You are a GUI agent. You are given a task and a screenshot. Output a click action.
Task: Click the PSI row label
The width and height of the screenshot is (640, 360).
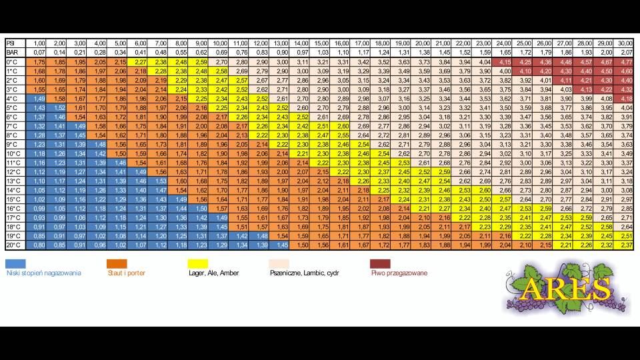(10, 43)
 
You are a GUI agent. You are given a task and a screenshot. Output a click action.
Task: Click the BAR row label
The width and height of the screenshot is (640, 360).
(11, 52)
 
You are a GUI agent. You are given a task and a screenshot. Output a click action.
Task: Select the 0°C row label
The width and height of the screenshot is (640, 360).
(11, 61)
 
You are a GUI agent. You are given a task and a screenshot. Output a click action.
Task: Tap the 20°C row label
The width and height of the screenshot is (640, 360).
(13, 245)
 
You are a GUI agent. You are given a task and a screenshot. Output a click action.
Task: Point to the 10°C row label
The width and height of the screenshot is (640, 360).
(13, 153)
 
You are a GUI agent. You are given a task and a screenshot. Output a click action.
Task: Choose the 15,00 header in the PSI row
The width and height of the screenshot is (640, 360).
(321, 43)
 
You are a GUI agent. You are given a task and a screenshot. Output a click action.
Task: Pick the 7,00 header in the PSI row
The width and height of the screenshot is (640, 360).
(161, 43)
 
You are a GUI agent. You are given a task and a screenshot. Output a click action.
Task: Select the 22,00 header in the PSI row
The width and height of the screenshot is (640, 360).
(464, 43)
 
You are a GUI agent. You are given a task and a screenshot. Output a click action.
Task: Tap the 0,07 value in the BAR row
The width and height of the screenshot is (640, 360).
(39, 52)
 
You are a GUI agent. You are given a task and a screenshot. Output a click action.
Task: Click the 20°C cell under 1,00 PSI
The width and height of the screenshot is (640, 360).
(39, 245)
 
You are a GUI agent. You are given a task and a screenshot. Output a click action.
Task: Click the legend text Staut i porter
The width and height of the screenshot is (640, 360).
(126, 273)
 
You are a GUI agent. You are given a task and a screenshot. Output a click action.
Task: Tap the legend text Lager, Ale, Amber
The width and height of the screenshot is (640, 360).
(214, 273)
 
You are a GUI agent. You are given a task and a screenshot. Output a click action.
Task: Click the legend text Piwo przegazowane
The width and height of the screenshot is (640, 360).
(399, 273)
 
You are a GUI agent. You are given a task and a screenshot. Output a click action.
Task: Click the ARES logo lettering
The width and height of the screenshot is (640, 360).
(566, 289)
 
